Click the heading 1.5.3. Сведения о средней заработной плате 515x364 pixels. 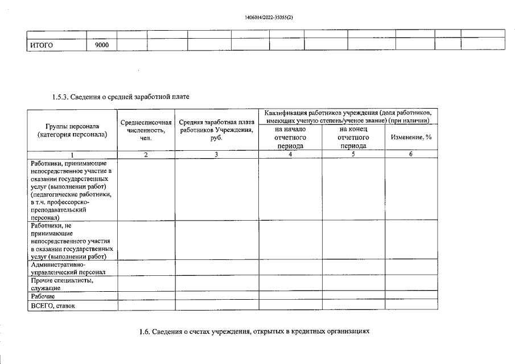tap(121, 97)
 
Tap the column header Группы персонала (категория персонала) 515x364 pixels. tap(72, 130)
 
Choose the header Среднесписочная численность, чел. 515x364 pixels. tap(146, 130)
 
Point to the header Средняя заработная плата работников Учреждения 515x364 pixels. tap(217, 130)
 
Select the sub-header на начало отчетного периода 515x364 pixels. tap(290, 137)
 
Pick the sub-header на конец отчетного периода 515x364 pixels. tap(353, 137)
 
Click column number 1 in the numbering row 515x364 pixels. tap(72, 154)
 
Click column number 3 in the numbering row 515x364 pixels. tap(217, 154)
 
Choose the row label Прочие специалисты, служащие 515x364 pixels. tap(61, 284)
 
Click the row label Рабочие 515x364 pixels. tap(43, 296)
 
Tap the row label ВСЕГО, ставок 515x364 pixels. tap(53, 306)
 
